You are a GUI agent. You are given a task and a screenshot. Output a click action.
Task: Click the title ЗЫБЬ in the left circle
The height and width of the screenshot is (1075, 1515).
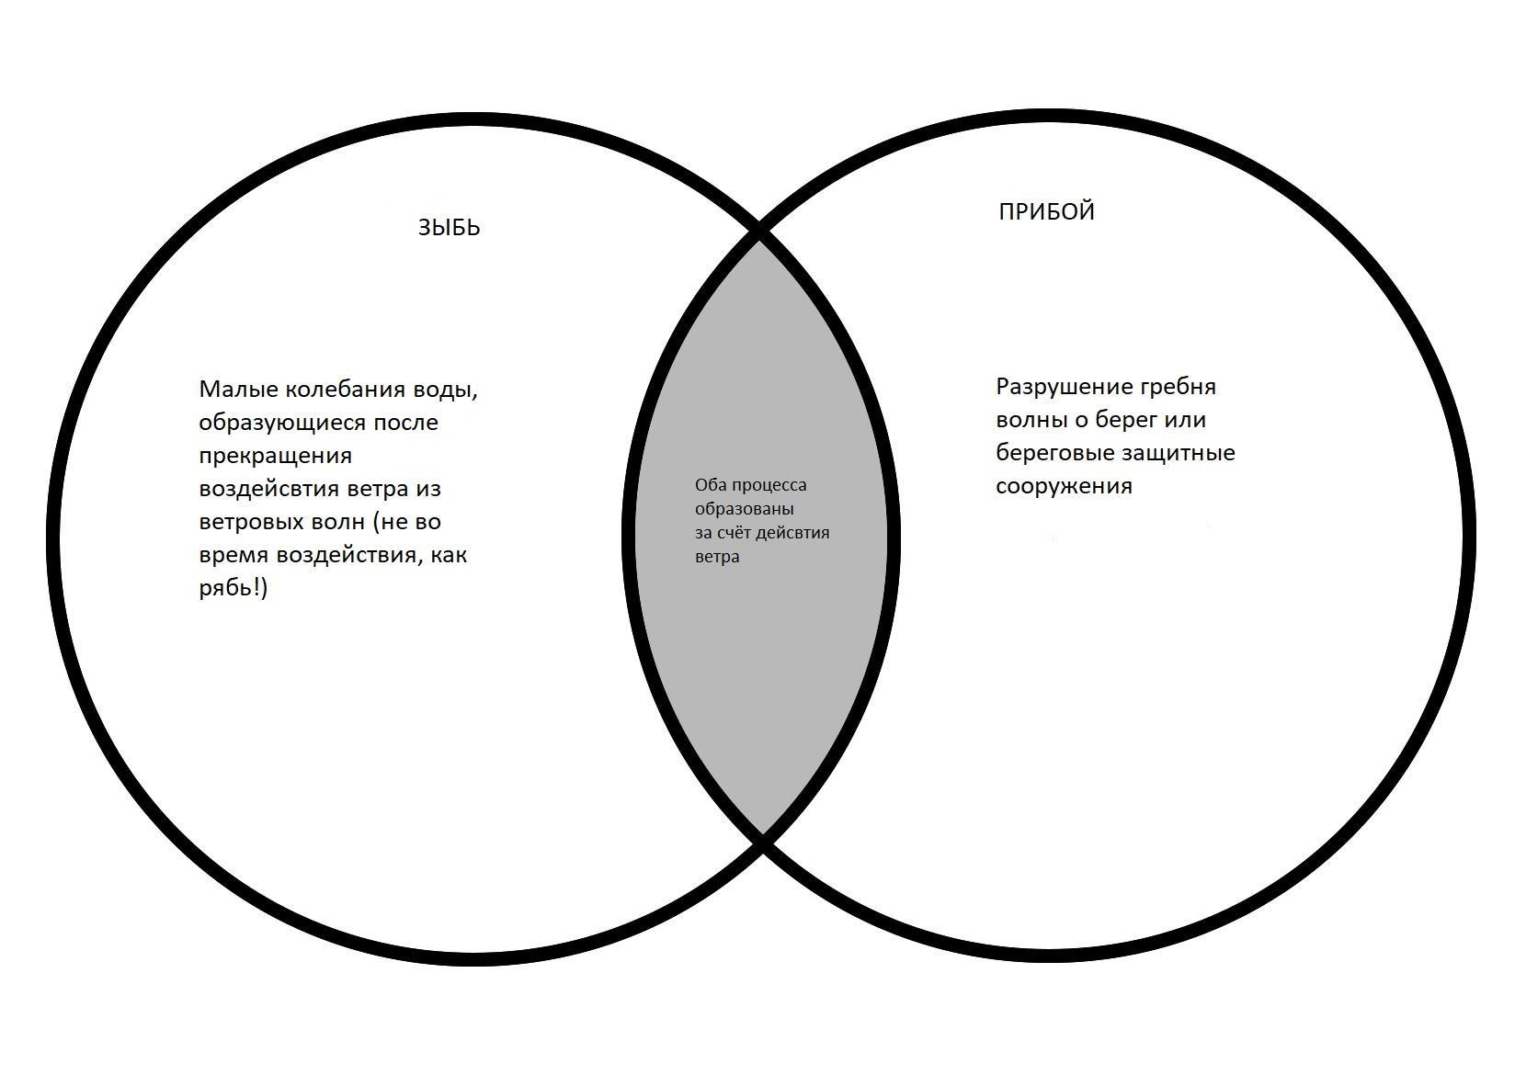coord(449,228)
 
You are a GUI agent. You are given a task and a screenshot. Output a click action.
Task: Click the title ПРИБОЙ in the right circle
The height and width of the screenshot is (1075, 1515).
coord(1046,212)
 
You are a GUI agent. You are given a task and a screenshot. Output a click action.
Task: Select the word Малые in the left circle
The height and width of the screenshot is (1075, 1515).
coord(238,390)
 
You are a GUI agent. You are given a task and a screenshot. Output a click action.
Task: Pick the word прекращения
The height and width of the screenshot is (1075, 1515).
coord(275,456)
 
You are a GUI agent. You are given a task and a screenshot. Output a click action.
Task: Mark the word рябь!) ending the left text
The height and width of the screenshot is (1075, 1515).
coord(233,588)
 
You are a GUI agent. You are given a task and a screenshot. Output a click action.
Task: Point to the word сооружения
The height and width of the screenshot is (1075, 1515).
coord(1064,486)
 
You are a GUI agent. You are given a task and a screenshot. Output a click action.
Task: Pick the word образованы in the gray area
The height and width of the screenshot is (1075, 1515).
coord(744,509)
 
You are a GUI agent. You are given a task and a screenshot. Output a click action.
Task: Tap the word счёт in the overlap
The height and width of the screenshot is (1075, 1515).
coord(734,533)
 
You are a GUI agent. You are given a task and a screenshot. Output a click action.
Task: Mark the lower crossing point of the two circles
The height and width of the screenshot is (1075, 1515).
coord(762,839)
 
